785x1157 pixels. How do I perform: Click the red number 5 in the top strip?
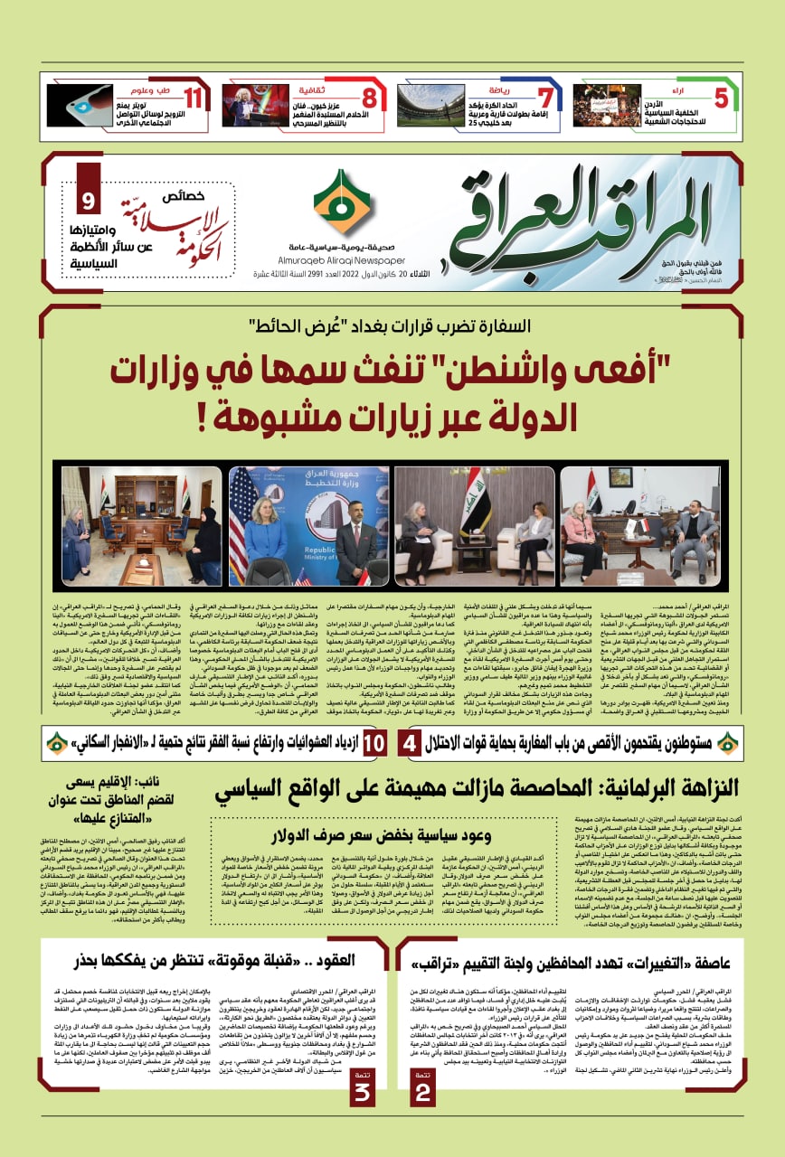click(x=721, y=97)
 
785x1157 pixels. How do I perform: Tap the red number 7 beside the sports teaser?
click(x=544, y=97)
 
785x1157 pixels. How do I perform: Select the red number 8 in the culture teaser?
click(x=369, y=97)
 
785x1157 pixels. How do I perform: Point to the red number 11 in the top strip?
click(x=194, y=97)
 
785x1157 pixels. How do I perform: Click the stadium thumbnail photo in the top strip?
click(x=430, y=105)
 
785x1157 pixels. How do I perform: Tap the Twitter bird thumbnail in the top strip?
click(x=80, y=105)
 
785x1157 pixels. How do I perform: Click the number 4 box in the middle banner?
click(x=410, y=742)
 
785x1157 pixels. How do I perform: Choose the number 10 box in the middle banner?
click(x=374, y=742)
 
